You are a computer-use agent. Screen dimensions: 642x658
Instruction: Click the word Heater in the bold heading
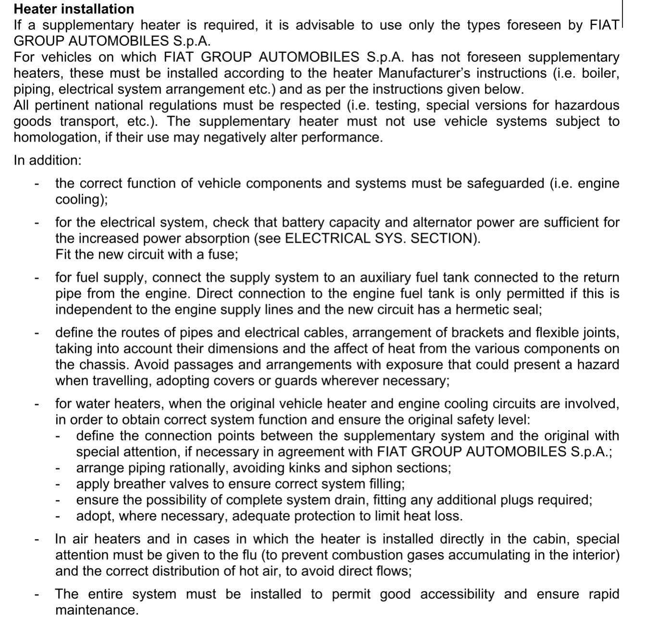tap(37, 9)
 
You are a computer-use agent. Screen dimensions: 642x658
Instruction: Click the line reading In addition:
tap(48, 160)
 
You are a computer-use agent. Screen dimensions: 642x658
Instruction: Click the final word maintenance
tap(97, 610)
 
